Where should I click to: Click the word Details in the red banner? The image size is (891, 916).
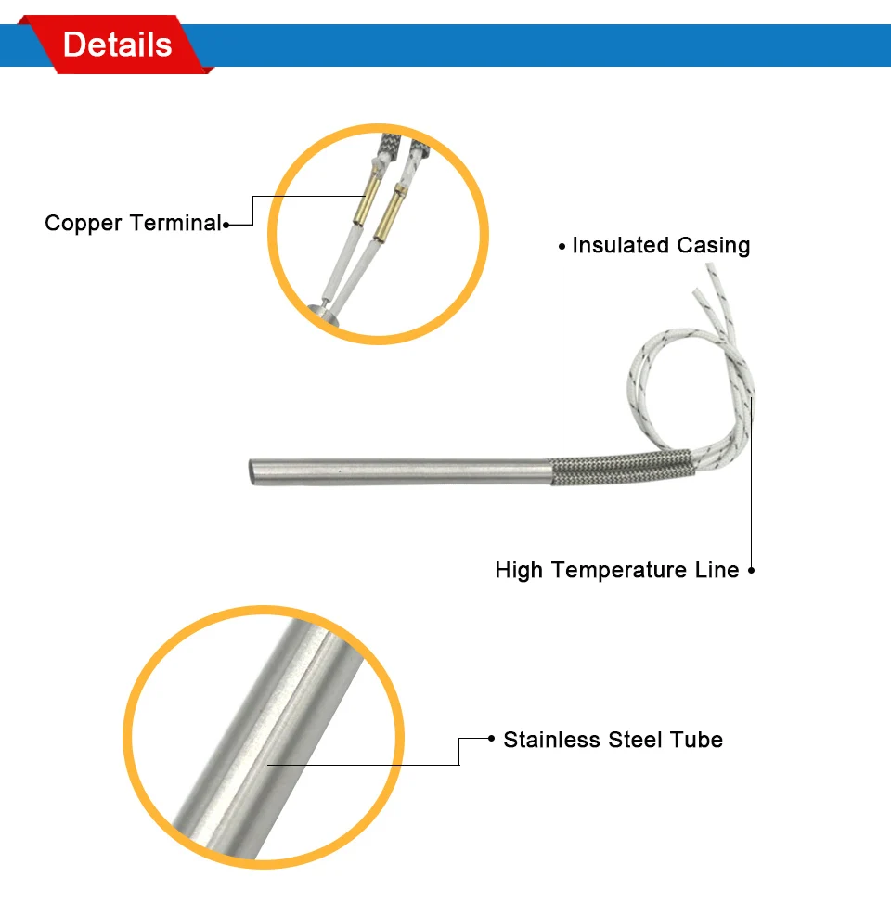(117, 45)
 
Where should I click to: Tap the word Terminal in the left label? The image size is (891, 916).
(175, 224)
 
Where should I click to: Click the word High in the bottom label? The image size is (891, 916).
(518, 570)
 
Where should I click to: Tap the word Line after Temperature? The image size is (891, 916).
(717, 570)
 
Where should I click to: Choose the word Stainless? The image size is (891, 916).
(552, 740)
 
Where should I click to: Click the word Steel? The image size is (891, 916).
(637, 740)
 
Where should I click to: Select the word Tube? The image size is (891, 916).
(698, 740)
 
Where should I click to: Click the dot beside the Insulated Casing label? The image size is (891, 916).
(562, 246)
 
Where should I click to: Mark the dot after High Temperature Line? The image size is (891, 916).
(751, 570)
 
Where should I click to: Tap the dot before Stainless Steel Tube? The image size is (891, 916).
(492, 739)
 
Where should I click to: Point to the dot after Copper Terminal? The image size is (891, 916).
(226, 224)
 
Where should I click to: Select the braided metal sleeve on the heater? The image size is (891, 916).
(619, 468)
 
